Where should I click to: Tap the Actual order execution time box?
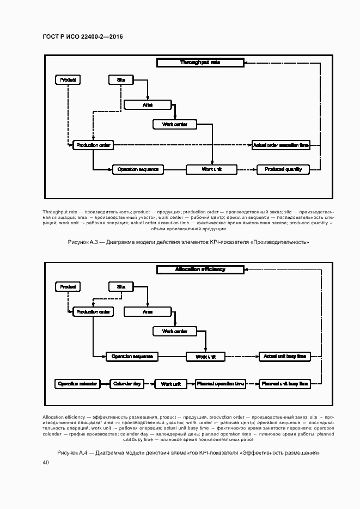[280, 145]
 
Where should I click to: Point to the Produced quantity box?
[283, 169]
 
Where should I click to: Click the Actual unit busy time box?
[285, 357]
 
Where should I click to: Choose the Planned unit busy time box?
[285, 384]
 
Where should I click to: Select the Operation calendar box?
[77, 384]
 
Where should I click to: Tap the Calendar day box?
[127, 384]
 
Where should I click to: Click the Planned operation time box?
[221, 384]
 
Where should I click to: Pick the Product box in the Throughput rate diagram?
[68, 80]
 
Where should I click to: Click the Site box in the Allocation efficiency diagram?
[121, 286]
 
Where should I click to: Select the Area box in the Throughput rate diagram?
[147, 105]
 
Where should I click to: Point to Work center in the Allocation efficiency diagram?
[174, 331]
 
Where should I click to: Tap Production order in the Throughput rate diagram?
[94, 145]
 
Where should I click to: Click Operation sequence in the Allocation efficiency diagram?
[132, 357]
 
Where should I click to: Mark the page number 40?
[46, 463]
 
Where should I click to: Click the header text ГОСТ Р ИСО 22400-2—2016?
[82, 36]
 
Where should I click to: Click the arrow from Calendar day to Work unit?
[149, 384]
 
